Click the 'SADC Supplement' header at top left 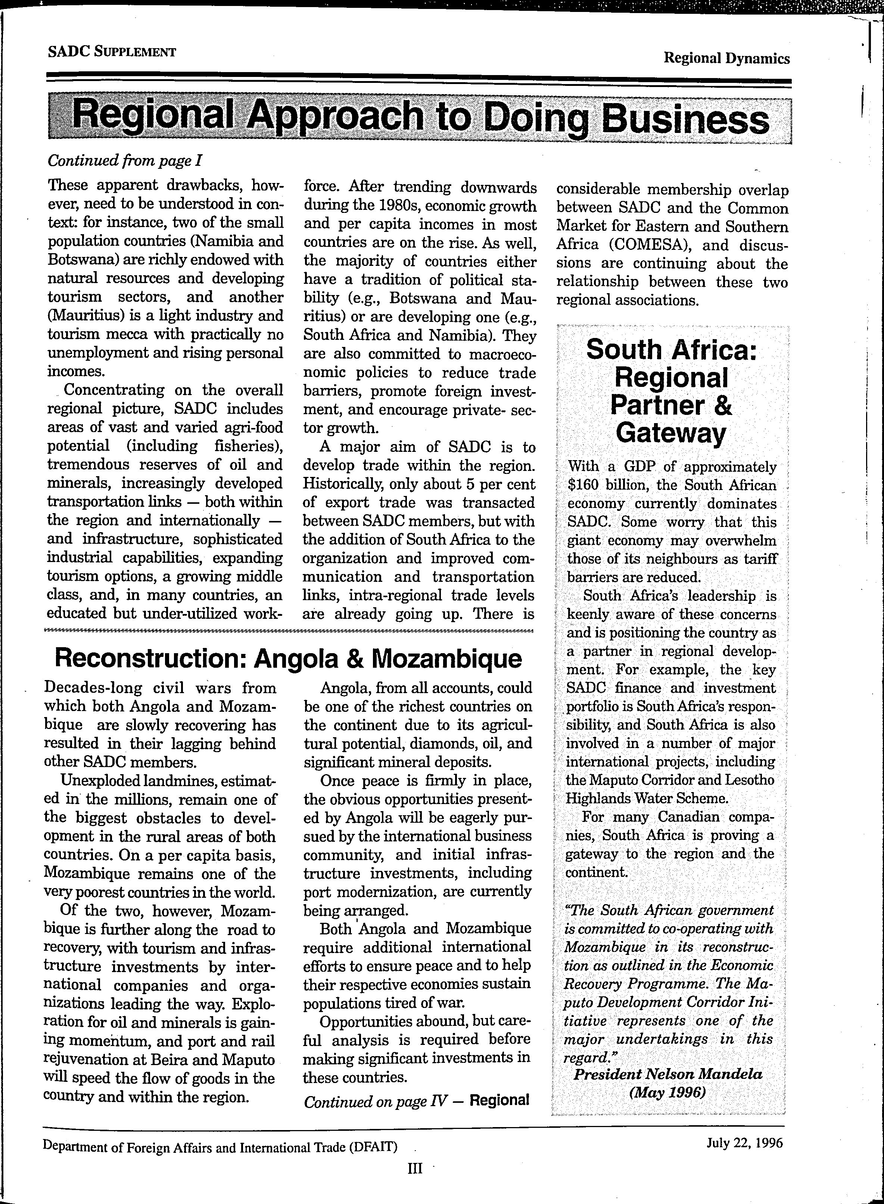point(112,52)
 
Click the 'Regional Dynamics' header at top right point(726,58)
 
